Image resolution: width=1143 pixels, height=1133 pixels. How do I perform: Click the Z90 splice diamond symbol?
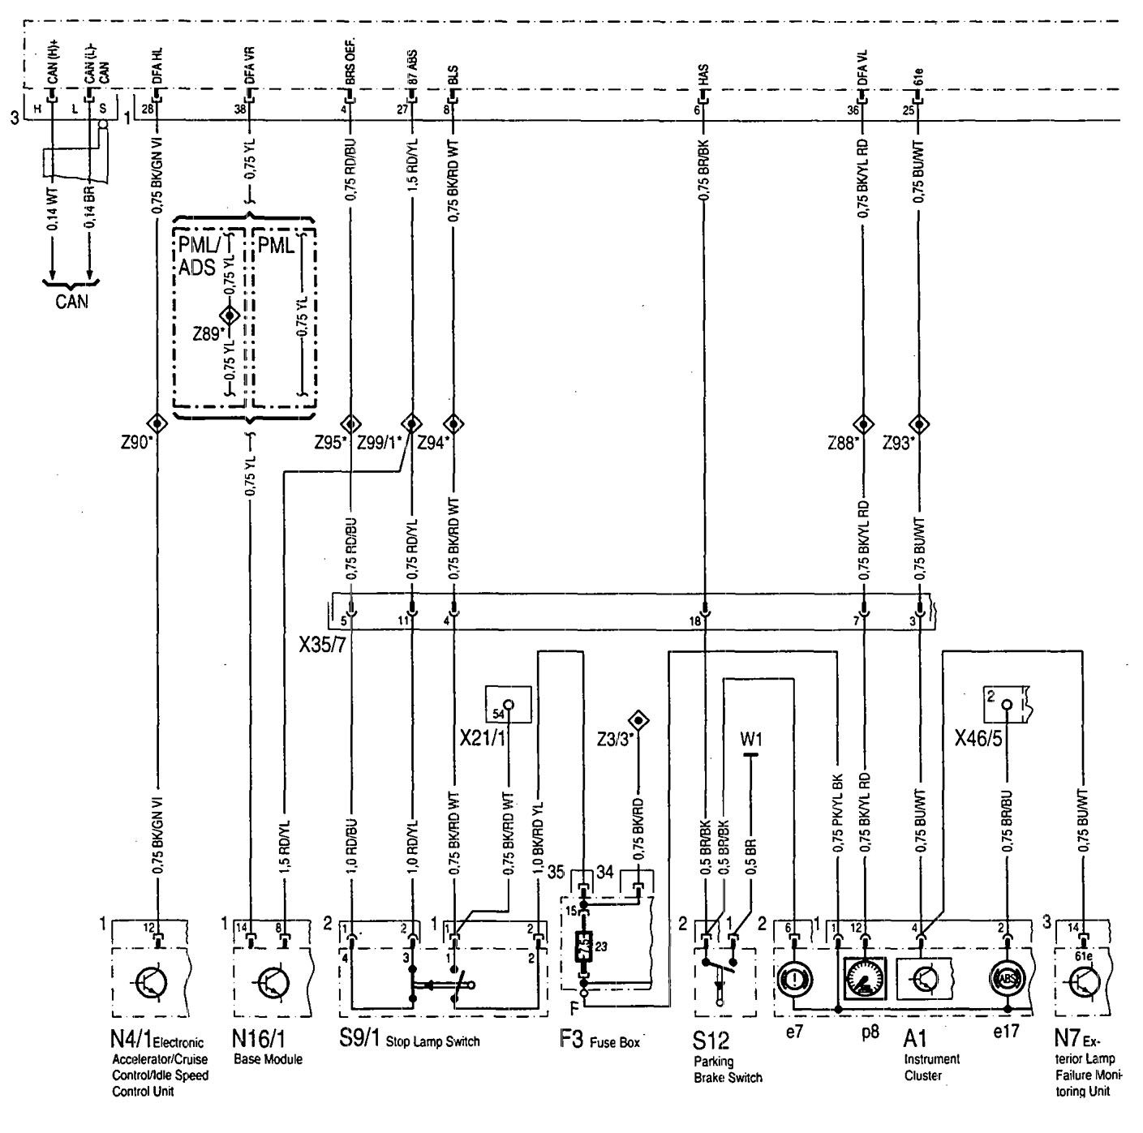156,424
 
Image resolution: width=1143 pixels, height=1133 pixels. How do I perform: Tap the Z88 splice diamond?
862,424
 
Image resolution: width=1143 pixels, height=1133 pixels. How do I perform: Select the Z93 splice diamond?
919,424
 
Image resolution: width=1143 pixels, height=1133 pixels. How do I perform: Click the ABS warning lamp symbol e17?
1007,980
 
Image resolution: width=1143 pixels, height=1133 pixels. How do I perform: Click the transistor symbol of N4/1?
151,982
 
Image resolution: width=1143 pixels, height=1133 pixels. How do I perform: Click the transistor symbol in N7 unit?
1085,982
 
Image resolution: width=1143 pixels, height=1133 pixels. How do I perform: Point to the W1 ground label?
751,740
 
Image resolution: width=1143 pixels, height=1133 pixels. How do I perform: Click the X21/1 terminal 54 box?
508,704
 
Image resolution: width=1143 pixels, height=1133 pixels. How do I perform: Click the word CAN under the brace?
71,302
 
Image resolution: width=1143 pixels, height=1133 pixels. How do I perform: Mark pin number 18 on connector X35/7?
695,621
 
